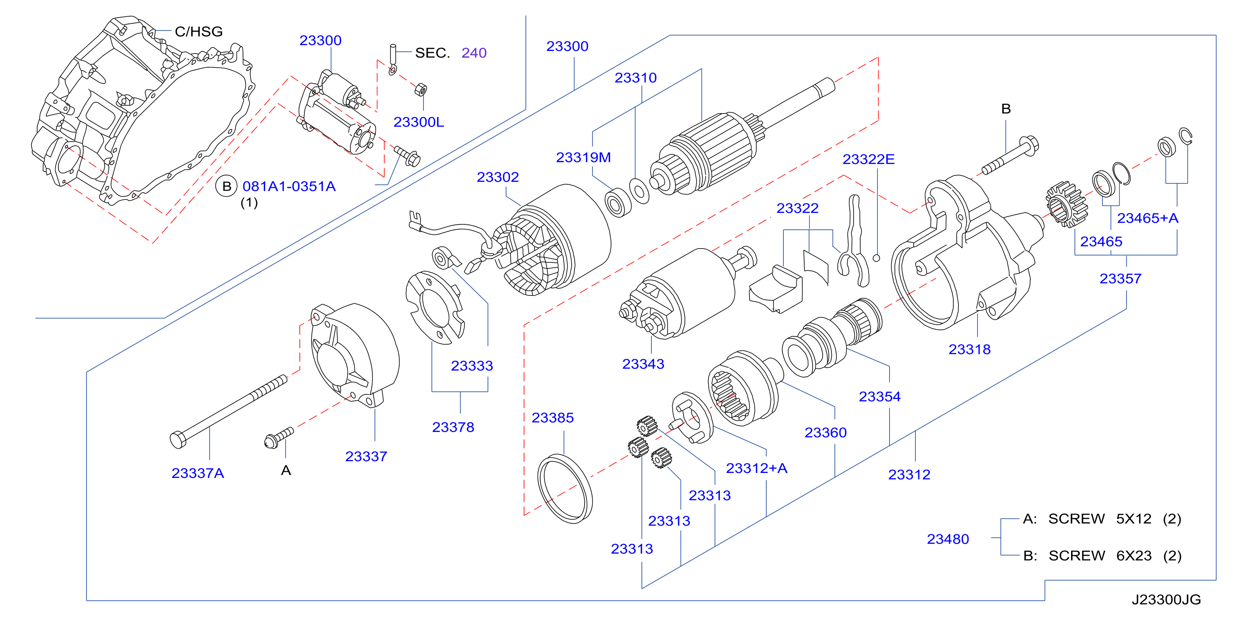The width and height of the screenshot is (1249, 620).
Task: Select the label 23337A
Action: pyautogui.click(x=198, y=473)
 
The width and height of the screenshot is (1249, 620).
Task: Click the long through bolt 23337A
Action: pyautogui.click(x=228, y=412)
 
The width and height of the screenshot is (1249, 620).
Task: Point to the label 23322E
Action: pyautogui.click(x=869, y=159)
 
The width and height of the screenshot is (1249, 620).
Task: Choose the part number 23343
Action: pyautogui.click(x=643, y=364)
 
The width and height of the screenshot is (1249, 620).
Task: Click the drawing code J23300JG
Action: pyautogui.click(x=1166, y=600)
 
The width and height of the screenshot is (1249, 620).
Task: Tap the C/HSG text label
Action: pyautogui.click(x=199, y=31)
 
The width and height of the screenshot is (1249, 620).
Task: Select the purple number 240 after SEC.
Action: pyautogui.click(x=474, y=53)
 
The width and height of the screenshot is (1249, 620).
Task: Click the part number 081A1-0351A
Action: pyautogui.click(x=289, y=186)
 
